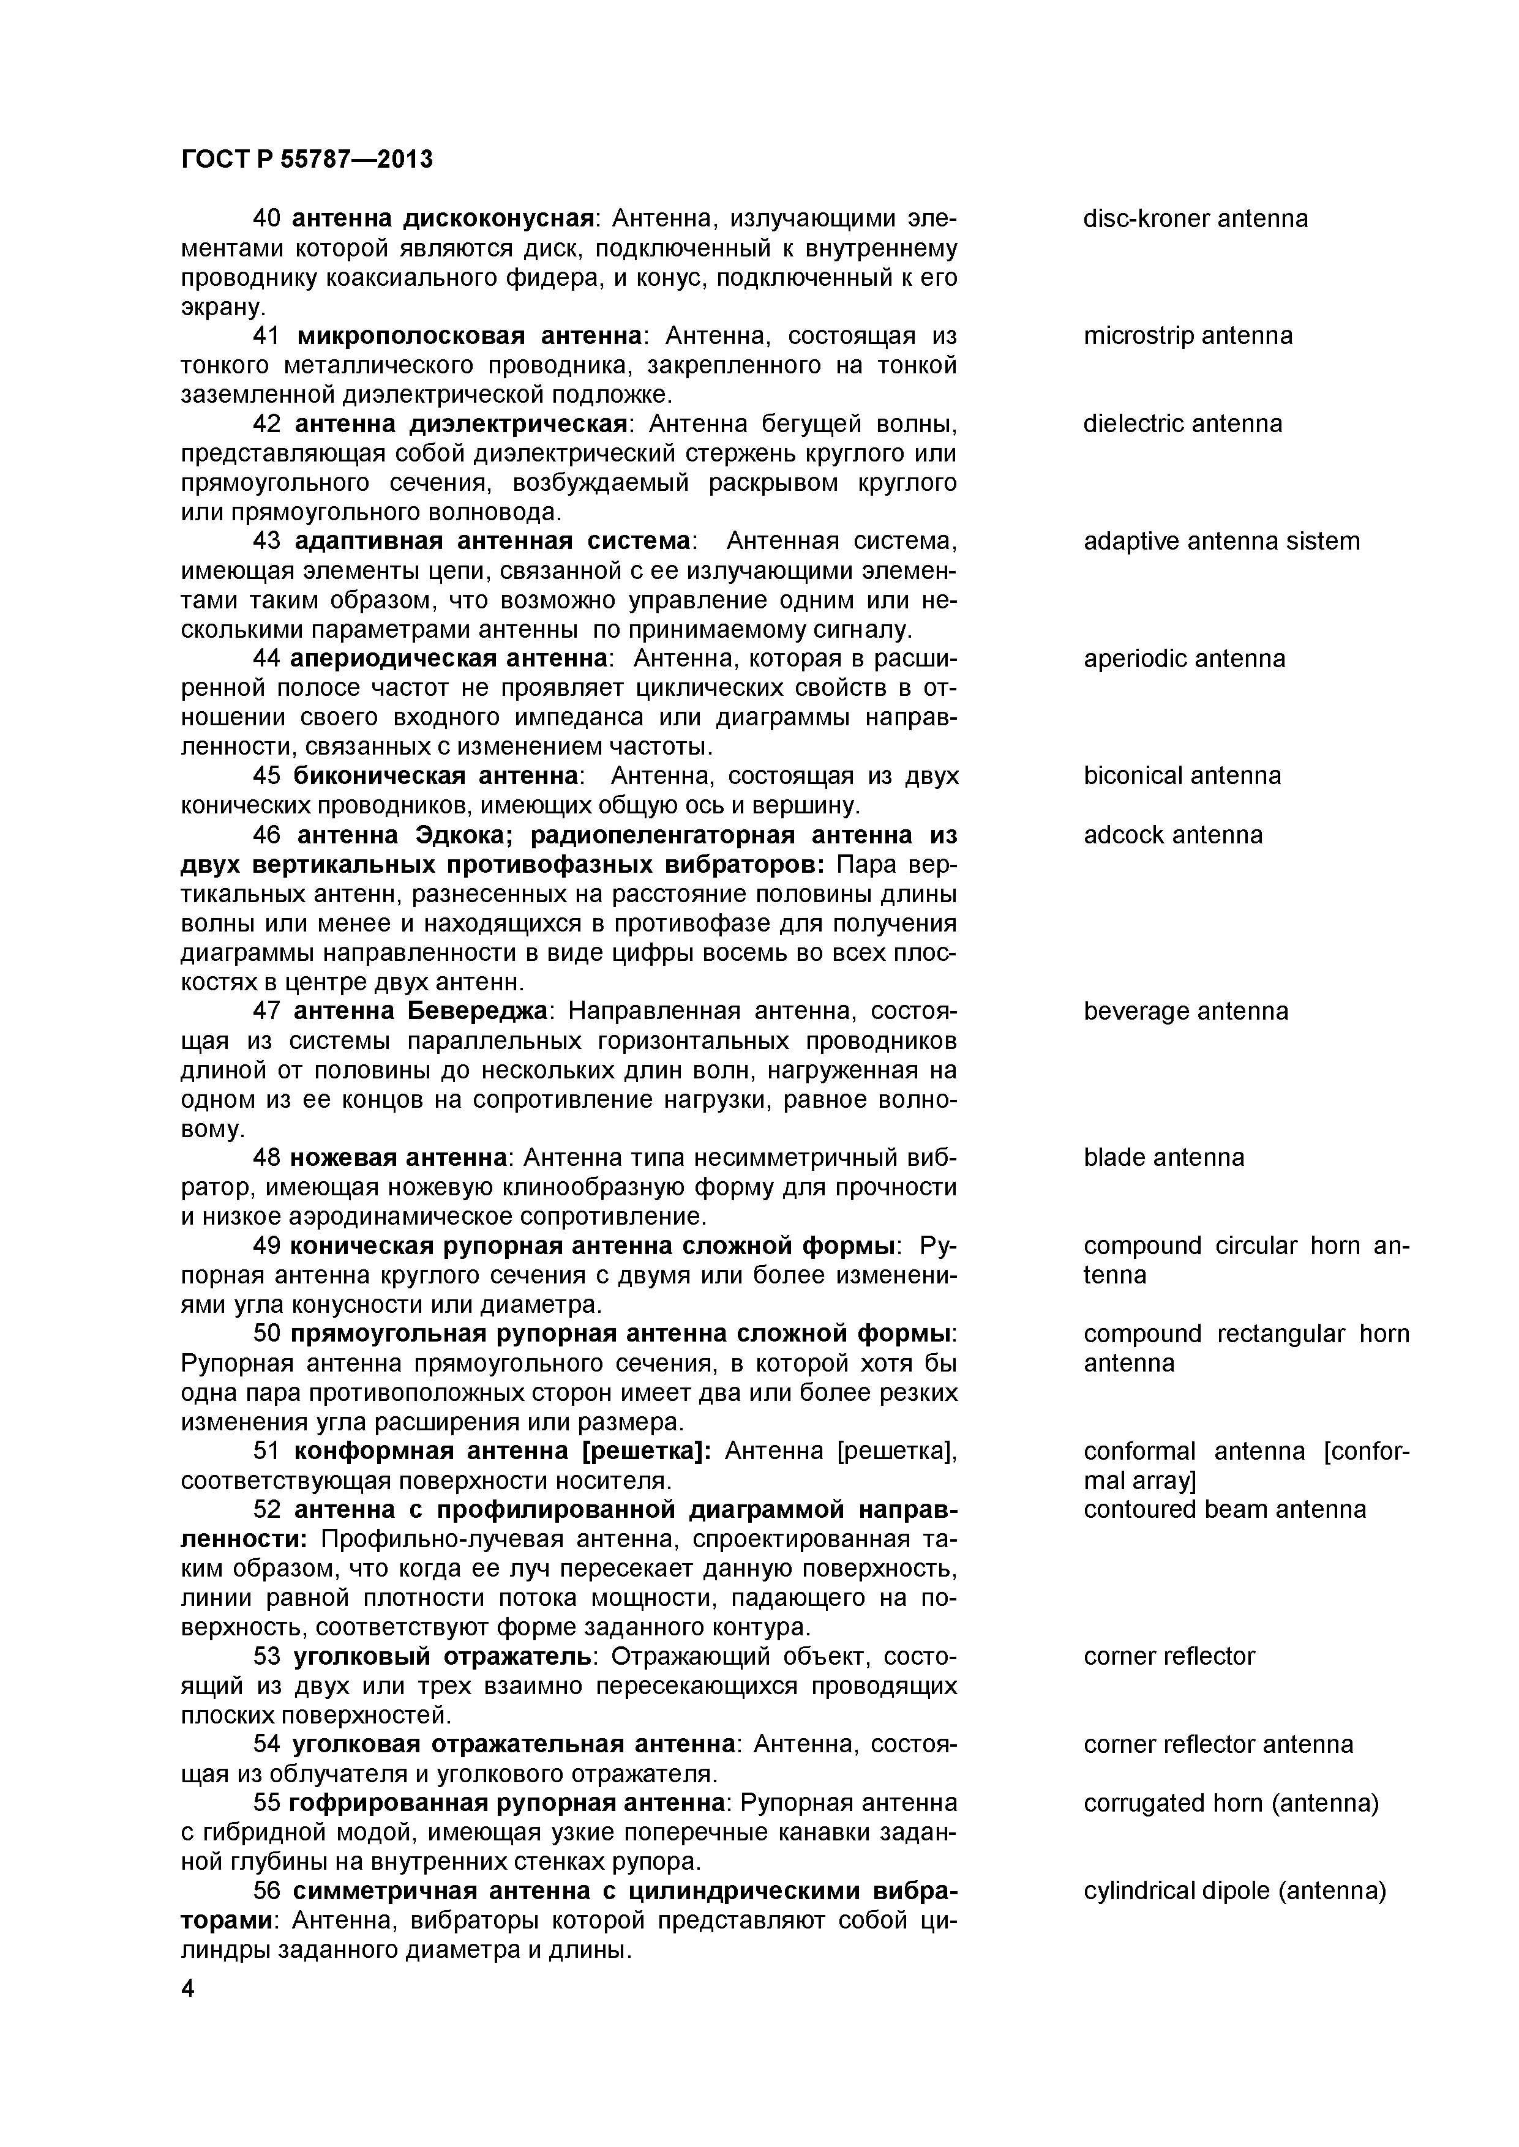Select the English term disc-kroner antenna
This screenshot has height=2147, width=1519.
tap(1195, 219)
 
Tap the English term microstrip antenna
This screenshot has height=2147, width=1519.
tap(1188, 336)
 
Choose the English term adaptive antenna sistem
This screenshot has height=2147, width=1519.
tap(1221, 542)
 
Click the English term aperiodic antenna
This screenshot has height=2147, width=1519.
tap(1184, 659)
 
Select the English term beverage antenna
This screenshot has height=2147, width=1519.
tap(1186, 1011)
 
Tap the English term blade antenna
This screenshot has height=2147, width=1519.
tap(1163, 1158)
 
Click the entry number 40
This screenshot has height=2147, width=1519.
tap(266, 219)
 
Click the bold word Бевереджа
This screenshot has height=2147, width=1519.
tap(476, 1011)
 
